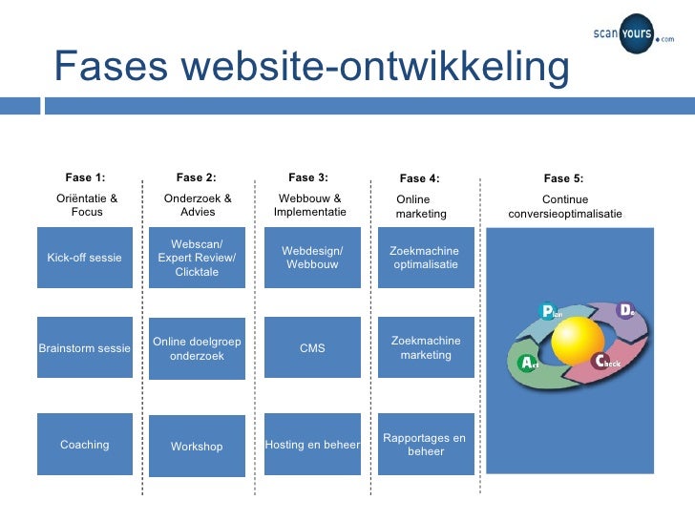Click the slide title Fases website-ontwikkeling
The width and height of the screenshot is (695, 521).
click(311, 67)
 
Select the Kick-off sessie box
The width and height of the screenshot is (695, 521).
click(85, 258)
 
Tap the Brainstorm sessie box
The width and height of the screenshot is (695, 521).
click(84, 348)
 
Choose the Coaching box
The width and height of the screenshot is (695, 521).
click(85, 445)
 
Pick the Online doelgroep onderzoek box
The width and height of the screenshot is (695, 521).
click(197, 348)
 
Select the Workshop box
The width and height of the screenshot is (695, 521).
click(197, 446)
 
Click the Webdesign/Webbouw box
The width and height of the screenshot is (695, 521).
click(312, 258)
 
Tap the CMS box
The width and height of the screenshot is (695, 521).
click(312, 348)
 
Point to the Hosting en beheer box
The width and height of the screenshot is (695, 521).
click(312, 445)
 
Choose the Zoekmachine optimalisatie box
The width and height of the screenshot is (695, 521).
click(426, 258)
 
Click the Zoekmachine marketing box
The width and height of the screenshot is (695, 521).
click(426, 348)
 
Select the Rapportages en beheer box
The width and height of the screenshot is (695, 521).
click(426, 445)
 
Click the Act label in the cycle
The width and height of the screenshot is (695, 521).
click(529, 364)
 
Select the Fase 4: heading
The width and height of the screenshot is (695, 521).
click(419, 177)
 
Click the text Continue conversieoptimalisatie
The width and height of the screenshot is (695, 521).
click(564, 207)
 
